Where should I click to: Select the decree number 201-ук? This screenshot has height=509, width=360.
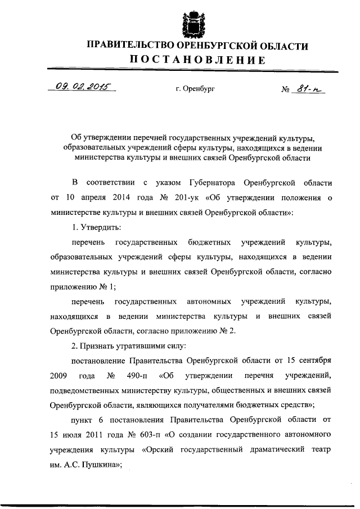tap(171, 199)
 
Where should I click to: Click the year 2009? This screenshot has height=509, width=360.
tap(59, 374)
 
